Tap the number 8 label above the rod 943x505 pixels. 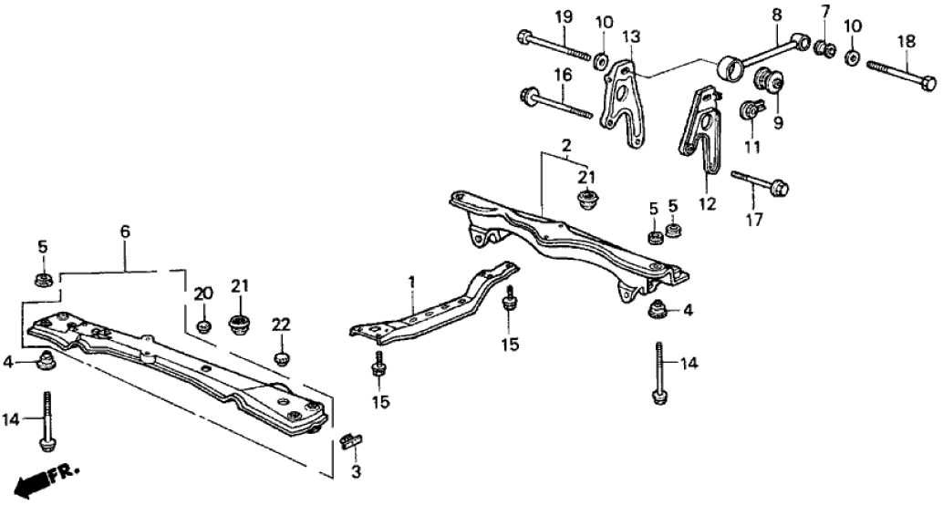pyautogui.click(x=776, y=15)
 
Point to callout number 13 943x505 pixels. pyautogui.click(x=632, y=36)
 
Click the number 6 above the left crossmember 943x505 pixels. pyautogui.click(x=125, y=233)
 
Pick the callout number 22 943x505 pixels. pyautogui.click(x=281, y=325)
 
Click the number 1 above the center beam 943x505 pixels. pyautogui.click(x=411, y=284)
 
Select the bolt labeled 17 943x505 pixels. pyautogui.click(x=760, y=181)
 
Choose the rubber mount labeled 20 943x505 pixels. pyautogui.click(x=204, y=325)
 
